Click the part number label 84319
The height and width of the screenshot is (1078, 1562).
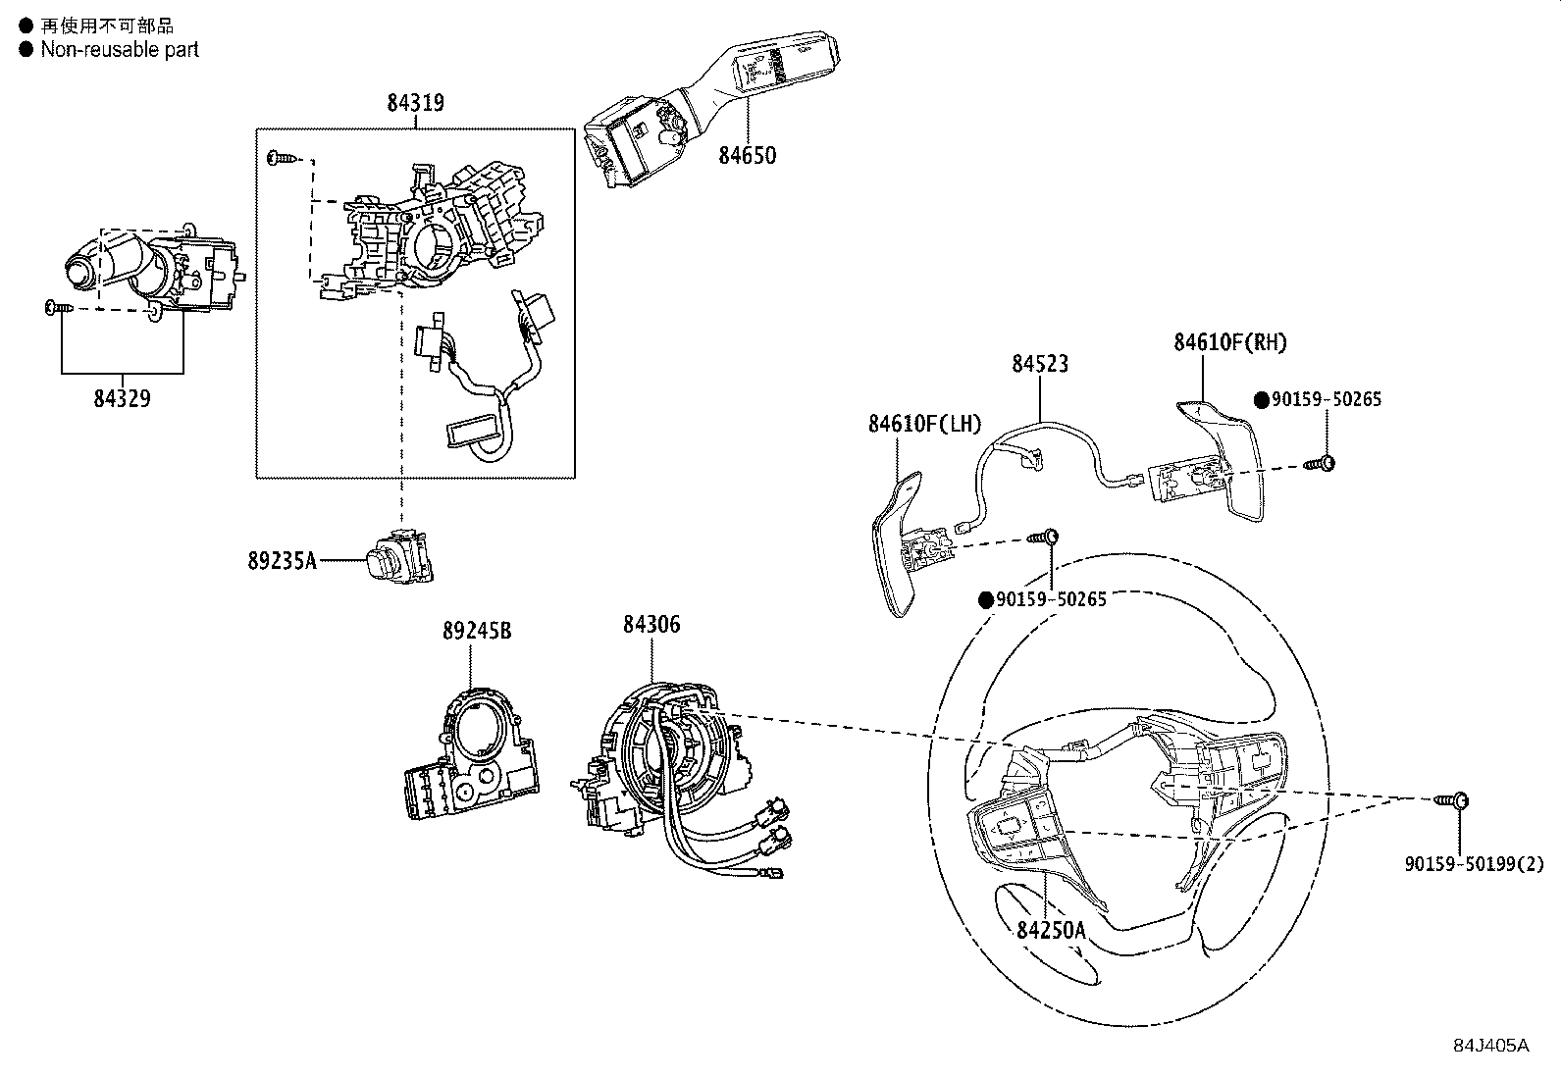415,102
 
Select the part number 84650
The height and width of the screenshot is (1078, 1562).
747,155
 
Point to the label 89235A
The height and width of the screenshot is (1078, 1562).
282,560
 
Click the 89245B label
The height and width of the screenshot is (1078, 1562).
476,631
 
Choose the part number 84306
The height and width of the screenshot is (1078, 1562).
651,624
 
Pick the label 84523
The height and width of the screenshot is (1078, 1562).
1040,364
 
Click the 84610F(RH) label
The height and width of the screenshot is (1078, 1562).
1230,342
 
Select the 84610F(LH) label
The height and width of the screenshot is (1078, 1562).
924,424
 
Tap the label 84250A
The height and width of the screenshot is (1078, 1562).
1051,929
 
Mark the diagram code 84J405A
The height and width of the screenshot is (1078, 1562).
1490,1045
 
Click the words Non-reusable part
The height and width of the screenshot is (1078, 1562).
119,49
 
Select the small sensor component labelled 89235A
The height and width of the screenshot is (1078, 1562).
396,556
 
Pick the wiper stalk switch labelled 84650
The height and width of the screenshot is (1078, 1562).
706,108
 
